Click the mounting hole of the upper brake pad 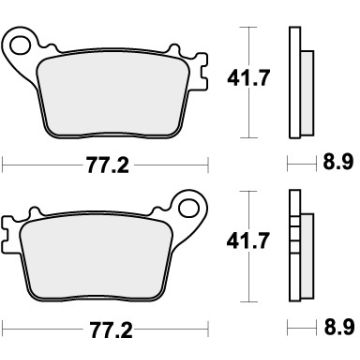17,43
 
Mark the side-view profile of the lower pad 295,245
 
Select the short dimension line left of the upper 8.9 297,159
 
